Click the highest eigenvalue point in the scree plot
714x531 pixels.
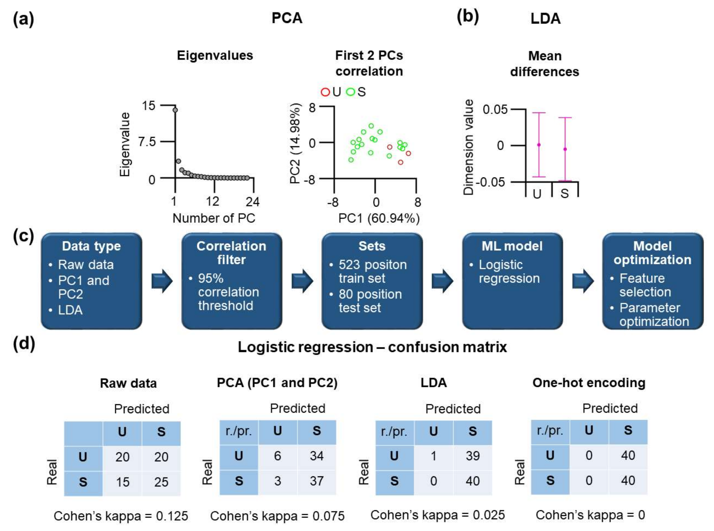pos(175,110)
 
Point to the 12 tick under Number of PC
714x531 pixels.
pos(212,202)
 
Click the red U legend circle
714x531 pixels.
pos(325,92)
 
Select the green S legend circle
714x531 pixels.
pos(350,92)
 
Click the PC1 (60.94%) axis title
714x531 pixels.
pos(379,218)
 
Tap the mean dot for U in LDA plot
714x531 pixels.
pos(539,145)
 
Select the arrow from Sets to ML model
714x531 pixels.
pos(442,281)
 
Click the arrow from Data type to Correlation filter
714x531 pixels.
pos(162,281)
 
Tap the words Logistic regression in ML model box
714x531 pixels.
pos(509,272)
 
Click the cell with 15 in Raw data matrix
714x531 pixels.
pos(122,482)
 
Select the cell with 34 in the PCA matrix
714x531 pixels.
pos(316,455)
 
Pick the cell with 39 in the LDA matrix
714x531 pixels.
pos(473,455)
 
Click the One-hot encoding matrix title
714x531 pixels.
pos(589,383)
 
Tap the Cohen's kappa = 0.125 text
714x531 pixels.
pos(121,516)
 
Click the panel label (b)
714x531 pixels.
pos(468,17)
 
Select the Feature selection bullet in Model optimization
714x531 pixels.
pos(645,285)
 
